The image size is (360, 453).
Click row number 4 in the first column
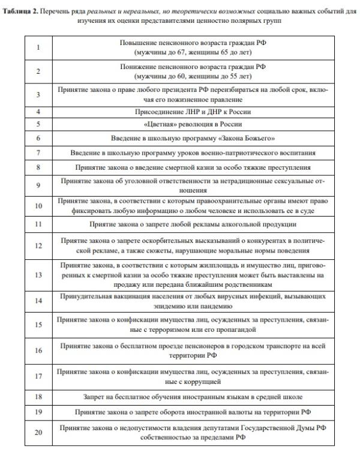pos(38,112)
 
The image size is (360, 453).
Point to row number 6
pos(38,137)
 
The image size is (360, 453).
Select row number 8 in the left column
pos(38,167)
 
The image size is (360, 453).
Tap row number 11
pos(38,223)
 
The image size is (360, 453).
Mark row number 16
pos(38,350)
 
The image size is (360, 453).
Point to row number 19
pos(38,412)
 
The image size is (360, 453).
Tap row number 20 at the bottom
pos(38,433)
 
